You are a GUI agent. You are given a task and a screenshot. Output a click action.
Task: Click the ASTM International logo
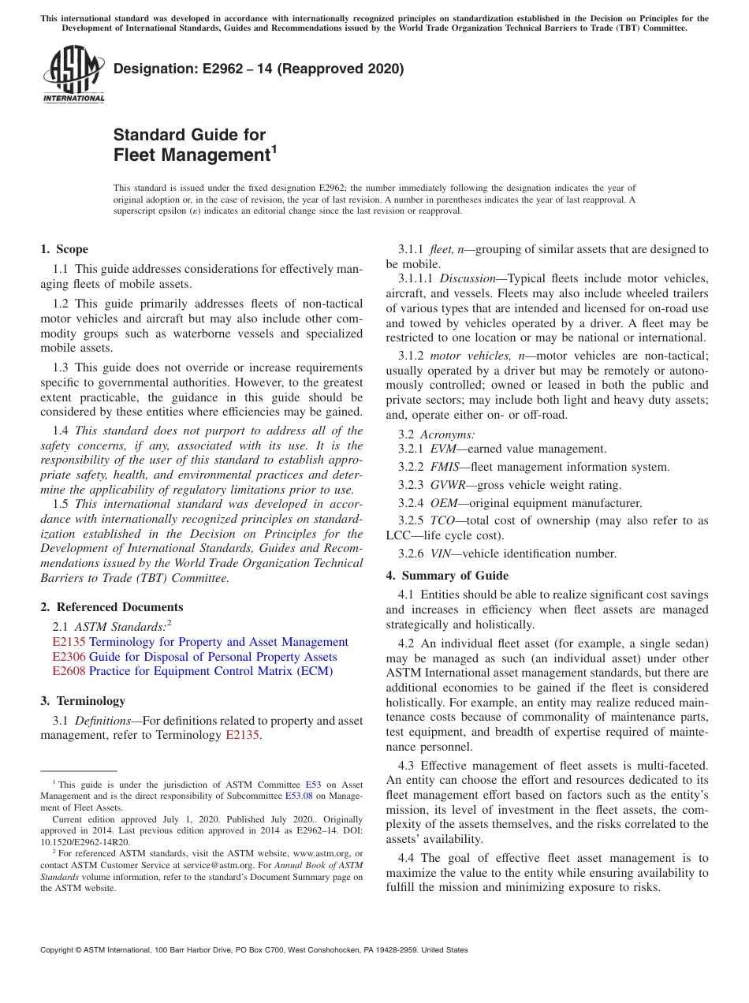73,74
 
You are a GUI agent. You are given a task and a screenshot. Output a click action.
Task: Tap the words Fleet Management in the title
192,155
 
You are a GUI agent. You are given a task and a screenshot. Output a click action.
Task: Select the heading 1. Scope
64,249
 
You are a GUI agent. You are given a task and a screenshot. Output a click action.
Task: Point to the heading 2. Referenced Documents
111,607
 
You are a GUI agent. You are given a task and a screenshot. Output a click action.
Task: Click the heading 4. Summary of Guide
447,576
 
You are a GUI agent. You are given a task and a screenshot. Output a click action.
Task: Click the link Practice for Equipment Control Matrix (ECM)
211,671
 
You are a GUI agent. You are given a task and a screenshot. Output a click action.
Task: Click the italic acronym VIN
441,554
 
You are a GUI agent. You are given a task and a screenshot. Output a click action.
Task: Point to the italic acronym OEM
444,503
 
